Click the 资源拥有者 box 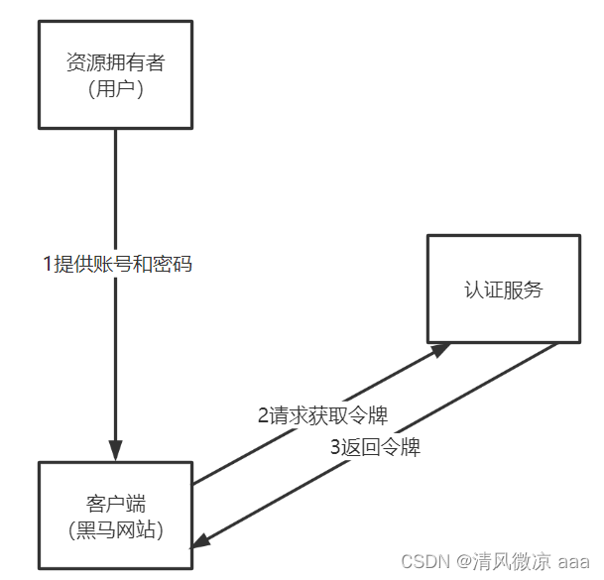click(115, 76)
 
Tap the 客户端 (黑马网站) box click(115, 516)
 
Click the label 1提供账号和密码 click(116, 265)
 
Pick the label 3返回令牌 click(375, 447)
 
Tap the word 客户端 click(116, 503)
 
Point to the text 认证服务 click(503, 290)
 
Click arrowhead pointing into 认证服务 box click(438, 351)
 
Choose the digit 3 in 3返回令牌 click(335, 447)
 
